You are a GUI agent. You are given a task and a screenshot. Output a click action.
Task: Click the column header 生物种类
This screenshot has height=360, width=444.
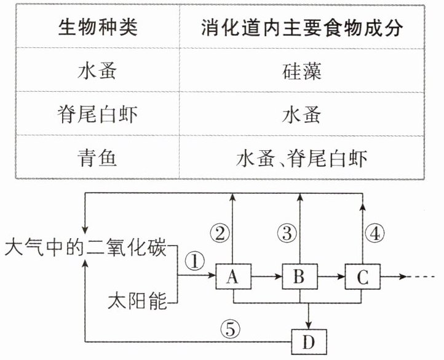pos(98,28)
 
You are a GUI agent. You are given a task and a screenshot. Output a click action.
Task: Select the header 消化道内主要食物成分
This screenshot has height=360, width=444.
pos(302,28)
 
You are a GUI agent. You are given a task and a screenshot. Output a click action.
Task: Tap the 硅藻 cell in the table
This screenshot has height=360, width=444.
pos(302,71)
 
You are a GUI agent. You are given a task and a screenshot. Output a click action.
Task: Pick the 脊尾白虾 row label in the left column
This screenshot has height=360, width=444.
pos(98,114)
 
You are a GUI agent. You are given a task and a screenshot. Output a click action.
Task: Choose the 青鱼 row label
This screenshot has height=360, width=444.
pos(97,158)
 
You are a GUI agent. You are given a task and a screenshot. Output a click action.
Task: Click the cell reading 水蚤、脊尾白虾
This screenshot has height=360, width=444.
pos(302,158)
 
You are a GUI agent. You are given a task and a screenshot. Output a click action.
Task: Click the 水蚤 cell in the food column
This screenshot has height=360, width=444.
pos(302,115)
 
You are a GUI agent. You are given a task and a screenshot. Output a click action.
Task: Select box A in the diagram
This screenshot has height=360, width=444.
pos(233,276)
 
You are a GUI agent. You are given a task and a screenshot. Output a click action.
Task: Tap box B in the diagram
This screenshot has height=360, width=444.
pos(299,276)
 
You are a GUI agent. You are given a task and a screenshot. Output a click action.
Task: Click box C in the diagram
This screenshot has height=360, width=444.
pos(362,276)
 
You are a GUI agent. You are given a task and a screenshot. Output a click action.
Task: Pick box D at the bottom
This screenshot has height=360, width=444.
pos(309,342)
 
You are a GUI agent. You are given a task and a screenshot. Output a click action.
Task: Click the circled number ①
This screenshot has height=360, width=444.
pos(195,261)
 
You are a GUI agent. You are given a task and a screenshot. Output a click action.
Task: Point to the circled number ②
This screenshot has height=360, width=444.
pos(220,234)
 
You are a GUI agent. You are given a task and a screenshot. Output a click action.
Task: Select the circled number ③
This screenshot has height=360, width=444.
pos(287,234)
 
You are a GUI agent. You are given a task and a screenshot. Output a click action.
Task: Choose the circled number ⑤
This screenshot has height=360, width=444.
pos(231,329)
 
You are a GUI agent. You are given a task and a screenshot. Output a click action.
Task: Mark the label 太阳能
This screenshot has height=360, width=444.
pos(138,301)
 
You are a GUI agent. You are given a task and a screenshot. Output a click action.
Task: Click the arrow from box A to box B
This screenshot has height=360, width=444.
pos(266,276)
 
